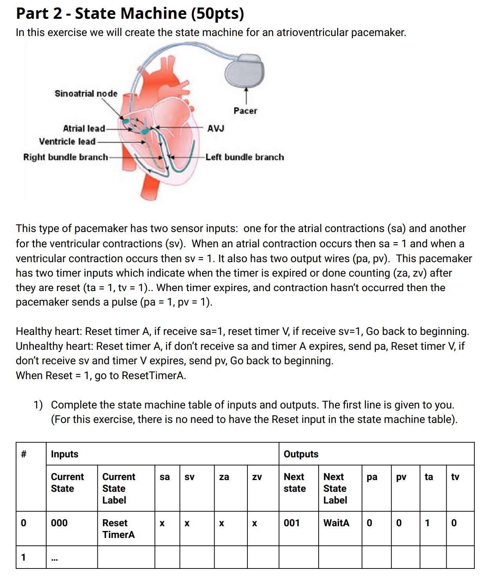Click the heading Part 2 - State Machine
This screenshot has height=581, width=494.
130,13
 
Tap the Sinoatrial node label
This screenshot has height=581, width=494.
86,94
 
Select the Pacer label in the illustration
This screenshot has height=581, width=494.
245,111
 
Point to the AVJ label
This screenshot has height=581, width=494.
215,128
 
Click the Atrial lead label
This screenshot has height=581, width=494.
84,128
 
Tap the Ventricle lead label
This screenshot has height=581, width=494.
67,141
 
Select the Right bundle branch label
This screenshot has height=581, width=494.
65,157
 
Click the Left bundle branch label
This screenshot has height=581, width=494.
245,157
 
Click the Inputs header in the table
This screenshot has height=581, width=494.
65,454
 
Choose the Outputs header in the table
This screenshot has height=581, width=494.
301,454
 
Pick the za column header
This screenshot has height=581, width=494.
224,477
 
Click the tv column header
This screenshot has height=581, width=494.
455,477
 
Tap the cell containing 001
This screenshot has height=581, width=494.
292,523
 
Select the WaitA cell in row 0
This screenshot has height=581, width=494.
336,523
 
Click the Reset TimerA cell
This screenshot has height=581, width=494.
118,529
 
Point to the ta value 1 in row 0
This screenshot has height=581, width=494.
427,523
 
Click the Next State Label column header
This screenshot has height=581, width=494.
335,488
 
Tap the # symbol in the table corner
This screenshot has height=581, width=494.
23,454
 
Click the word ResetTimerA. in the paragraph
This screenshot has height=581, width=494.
154,376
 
